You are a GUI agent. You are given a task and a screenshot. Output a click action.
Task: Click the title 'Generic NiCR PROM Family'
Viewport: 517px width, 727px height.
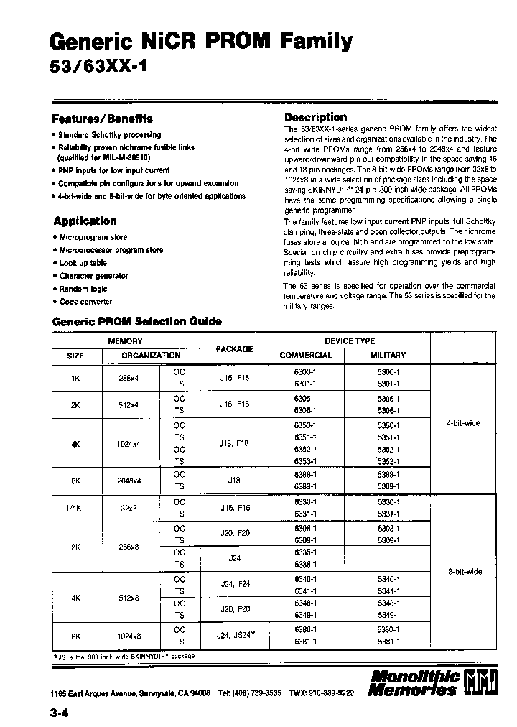(202, 42)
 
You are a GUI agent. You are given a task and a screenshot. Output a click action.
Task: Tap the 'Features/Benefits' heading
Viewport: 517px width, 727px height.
(102, 119)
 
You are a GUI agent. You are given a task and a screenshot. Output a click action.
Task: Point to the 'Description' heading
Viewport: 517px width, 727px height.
(315, 117)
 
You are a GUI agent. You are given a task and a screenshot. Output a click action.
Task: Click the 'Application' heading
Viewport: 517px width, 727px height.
(85, 221)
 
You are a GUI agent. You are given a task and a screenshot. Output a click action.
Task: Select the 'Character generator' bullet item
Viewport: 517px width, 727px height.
(93, 276)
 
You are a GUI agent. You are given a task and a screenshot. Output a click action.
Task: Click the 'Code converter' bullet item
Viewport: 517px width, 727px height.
(85, 302)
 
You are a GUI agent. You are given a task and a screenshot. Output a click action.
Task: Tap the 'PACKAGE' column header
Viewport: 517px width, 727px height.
(234, 348)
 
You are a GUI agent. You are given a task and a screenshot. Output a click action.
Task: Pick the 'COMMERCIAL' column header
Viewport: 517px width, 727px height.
(305, 355)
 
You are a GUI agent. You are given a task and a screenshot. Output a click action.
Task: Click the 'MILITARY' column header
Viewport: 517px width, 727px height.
(388, 355)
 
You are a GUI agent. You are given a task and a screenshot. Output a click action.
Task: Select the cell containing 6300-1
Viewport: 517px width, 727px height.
(305, 372)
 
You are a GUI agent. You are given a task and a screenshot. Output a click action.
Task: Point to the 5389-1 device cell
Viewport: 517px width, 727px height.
(388, 486)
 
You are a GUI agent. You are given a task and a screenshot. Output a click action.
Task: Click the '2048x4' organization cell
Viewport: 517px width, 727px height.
(129, 480)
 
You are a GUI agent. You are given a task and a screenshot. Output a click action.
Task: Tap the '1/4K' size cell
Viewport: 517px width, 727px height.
(75, 507)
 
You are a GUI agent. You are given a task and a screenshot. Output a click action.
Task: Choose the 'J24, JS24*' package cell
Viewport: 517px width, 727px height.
(236, 635)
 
